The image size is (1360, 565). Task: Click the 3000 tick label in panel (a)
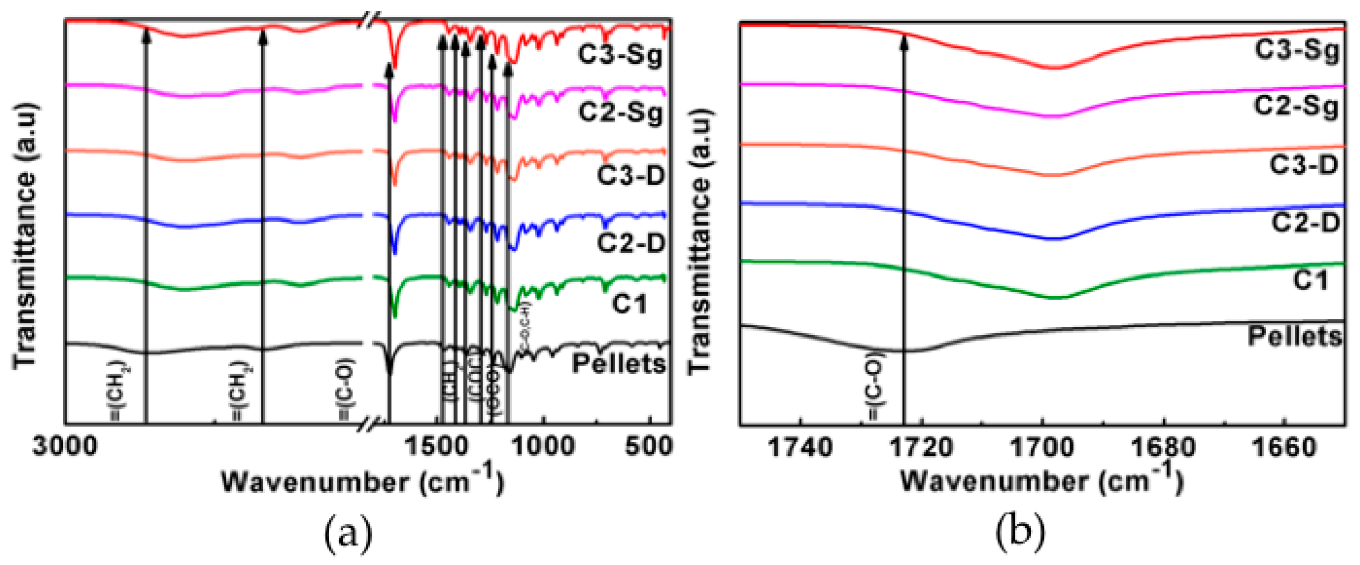tap(65, 445)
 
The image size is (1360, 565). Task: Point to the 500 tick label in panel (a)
tap(649, 445)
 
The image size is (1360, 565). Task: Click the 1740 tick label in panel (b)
tap(800, 447)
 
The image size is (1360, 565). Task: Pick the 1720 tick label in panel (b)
tap(921, 447)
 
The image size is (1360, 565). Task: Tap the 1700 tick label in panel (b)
tap(1042, 447)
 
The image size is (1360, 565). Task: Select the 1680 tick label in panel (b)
tap(1162, 447)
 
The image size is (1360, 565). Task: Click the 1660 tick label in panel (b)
tap(1284, 447)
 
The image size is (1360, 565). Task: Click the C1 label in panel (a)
tap(629, 304)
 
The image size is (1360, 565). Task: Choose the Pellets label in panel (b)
tap(1294, 336)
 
